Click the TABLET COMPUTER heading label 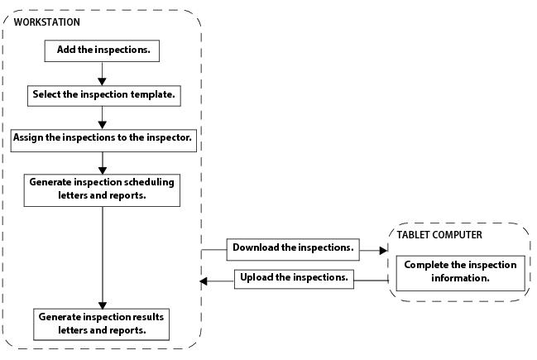pyautogui.click(x=439, y=235)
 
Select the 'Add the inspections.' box pyautogui.click(x=103, y=50)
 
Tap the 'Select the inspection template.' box pyautogui.click(x=103, y=95)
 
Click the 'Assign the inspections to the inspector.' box pyautogui.click(x=103, y=138)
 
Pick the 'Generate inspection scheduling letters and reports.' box pyautogui.click(x=102, y=189)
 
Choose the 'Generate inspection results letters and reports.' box pyautogui.click(x=103, y=324)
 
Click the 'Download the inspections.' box pyautogui.click(x=293, y=248)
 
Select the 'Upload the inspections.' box pyautogui.click(x=293, y=278)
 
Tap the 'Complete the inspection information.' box pyautogui.click(x=460, y=271)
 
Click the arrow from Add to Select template pyautogui.click(x=102, y=73)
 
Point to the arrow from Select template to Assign pyautogui.click(x=102, y=118)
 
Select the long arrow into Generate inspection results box pyautogui.click(x=102, y=257)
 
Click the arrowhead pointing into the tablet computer pyautogui.click(x=382, y=249)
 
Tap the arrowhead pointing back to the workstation pyautogui.click(x=204, y=281)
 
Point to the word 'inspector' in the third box pyautogui.click(x=166, y=138)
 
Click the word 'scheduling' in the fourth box pyautogui.click(x=151, y=182)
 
